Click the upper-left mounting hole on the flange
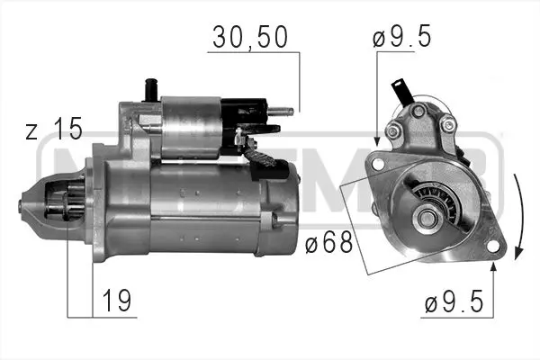point(379,163)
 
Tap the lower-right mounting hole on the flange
point(492,244)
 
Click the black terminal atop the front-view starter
point(399,91)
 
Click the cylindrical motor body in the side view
point(211,207)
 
